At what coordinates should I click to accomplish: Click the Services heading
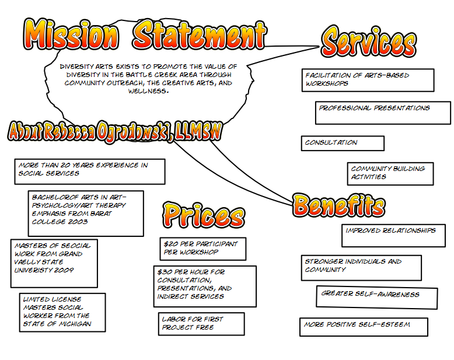tap(369, 41)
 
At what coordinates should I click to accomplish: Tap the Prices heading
tap(204, 215)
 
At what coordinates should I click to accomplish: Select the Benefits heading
tap(339, 205)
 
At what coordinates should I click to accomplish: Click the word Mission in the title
tap(71, 34)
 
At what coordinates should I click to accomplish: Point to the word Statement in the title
tap(200, 35)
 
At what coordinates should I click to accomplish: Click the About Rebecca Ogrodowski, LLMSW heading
tap(115, 132)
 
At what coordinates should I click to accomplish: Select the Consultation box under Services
tap(343, 144)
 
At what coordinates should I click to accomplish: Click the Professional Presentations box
tap(383, 113)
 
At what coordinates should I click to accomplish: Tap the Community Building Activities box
tap(390, 174)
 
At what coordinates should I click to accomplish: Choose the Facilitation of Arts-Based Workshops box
tap(368, 80)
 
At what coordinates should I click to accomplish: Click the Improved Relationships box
tap(393, 236)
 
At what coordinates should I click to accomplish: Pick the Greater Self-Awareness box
tap(377, 297)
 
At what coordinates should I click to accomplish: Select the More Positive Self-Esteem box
tap(364, 327)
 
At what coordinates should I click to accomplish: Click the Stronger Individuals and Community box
tap(361, 268)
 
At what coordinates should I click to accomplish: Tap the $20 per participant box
tap(203, 249)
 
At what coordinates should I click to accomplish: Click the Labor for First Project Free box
tap(201, 324)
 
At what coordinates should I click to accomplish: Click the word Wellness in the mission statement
tap(148, 91)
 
